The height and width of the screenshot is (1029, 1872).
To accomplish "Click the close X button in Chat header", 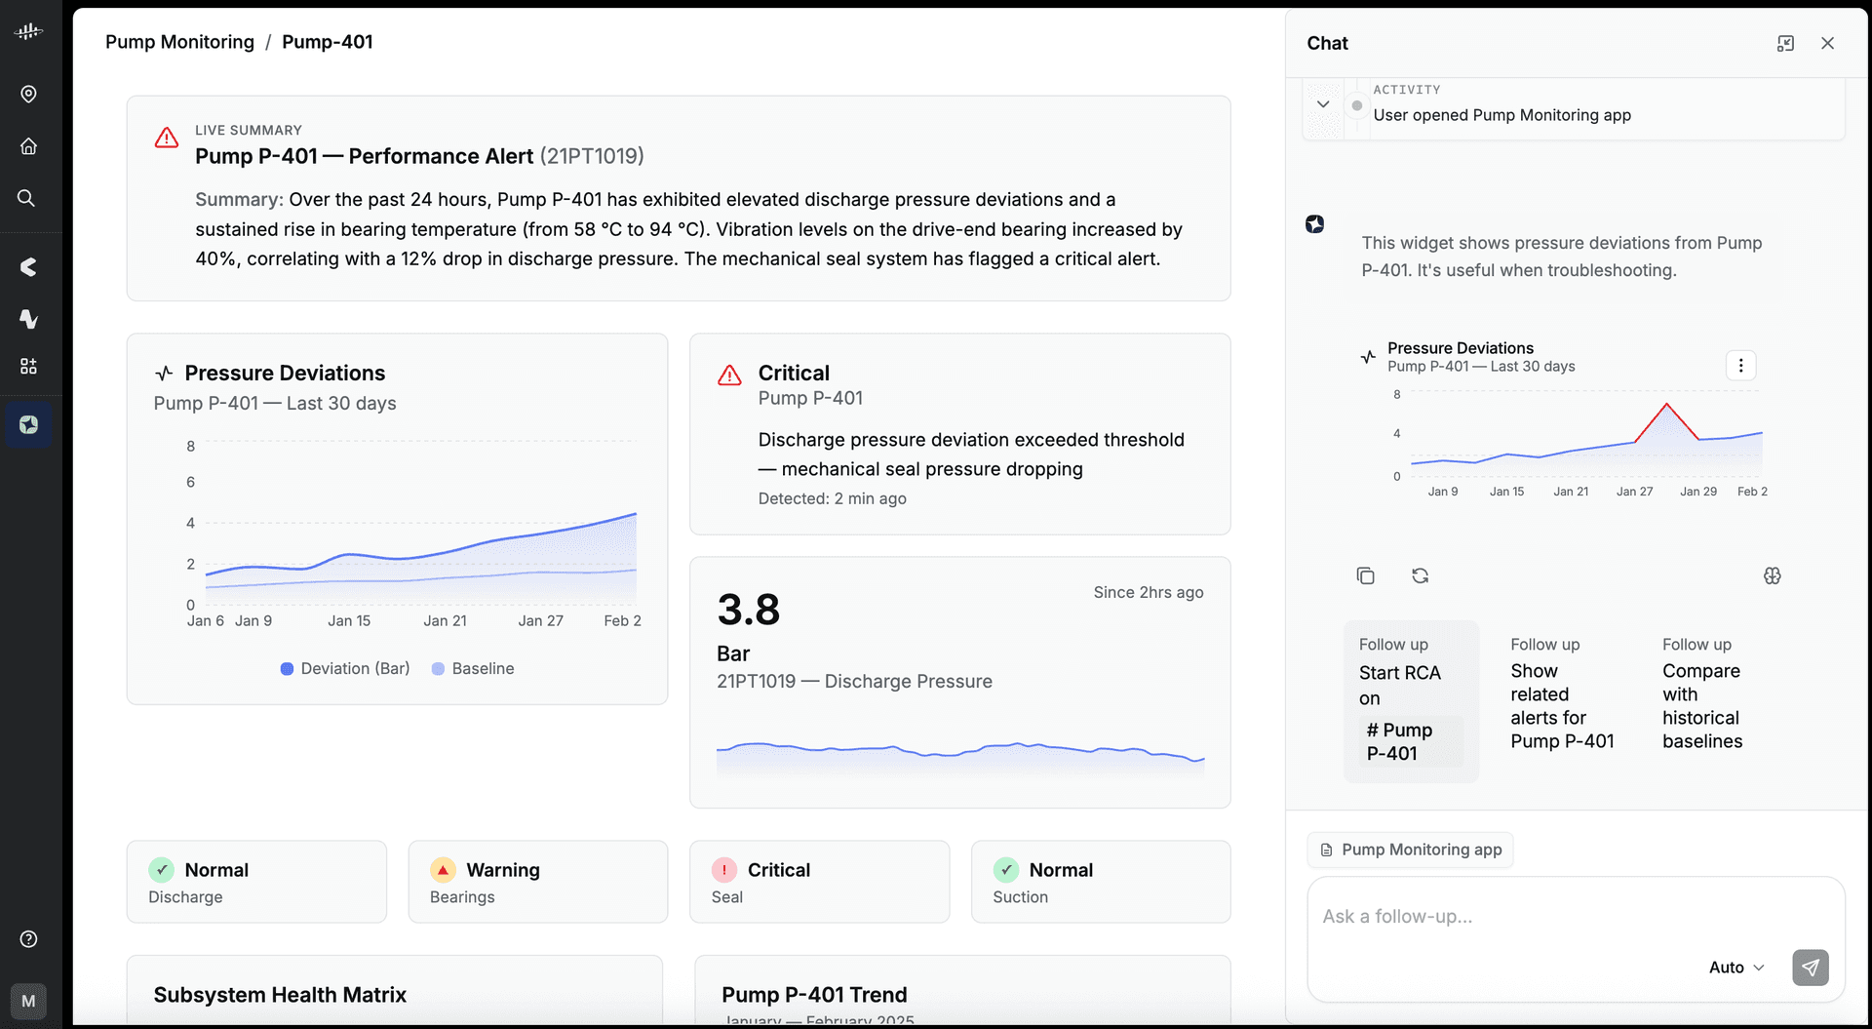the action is coord(1827,43).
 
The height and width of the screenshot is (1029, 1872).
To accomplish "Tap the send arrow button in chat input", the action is coord(1810,968).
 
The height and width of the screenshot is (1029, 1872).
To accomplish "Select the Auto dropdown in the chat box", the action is coord(1736,968).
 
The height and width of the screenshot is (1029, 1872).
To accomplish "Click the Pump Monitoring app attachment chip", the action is coord(1410,850).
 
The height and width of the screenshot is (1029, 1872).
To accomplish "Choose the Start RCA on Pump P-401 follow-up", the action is coord(1411,701).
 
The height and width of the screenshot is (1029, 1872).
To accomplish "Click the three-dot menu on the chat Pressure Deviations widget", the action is coord(1740,366).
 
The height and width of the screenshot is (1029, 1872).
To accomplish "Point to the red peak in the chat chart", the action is coord(1666,404).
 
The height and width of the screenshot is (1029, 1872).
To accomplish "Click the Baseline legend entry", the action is coord(473,668).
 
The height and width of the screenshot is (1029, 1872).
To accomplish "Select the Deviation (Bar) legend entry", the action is coord(345,668).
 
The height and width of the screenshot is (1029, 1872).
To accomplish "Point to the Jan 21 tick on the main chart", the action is coord(445,620).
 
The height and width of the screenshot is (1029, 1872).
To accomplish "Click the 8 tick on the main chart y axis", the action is coord(191,446).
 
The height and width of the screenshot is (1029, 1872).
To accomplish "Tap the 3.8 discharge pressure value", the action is coord(749,610).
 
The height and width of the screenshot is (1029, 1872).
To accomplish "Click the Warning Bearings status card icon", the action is coord(443,869).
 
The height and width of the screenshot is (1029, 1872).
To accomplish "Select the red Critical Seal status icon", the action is coord(724,869).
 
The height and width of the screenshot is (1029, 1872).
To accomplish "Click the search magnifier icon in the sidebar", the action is coord(27,198).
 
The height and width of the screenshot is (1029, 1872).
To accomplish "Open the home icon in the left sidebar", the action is coord(28,146).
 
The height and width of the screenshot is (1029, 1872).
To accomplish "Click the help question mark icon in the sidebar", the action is coord(28,938).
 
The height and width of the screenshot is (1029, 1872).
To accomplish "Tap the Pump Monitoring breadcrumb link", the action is coord(179,42).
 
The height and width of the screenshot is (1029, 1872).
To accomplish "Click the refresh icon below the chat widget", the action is coord(1420,575).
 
